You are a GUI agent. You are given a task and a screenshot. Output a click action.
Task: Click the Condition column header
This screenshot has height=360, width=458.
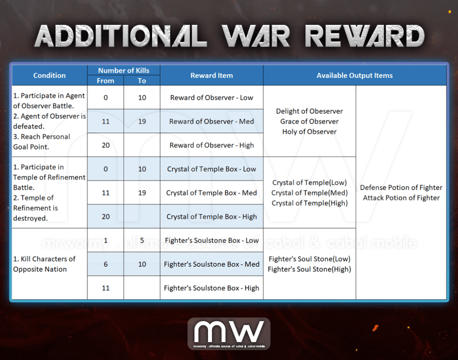tap(49, 75)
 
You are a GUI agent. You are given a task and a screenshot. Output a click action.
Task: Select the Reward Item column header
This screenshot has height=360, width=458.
tap(212, 75)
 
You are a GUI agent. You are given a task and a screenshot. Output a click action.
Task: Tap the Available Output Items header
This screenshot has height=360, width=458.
tap(355, 75)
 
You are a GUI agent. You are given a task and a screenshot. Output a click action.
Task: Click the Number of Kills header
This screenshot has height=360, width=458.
tap(123, 70)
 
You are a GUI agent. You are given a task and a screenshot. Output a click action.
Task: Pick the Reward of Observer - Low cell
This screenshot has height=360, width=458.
tap(212, 97)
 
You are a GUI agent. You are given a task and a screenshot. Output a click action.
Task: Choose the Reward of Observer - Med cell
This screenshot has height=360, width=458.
tap(212, 122)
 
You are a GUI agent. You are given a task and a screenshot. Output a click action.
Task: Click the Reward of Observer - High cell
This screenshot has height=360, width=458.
tap(212, 145)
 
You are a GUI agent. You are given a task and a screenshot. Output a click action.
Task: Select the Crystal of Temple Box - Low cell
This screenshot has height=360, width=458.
tap(212, 169)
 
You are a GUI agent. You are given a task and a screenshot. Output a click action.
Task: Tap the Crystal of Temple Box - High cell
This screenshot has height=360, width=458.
tap(212, 216)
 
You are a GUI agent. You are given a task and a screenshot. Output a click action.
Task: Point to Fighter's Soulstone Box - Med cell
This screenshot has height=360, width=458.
tap(212, 264)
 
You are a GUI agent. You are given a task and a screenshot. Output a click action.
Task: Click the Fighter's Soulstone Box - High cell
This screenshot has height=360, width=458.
tap(212, 288)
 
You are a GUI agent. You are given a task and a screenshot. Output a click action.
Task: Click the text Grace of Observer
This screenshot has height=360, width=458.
tap(310, 122)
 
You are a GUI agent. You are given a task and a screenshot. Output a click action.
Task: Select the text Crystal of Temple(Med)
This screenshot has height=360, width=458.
tap(310, 193)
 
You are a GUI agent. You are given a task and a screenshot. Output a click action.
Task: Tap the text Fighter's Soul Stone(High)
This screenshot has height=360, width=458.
tap(310, 269)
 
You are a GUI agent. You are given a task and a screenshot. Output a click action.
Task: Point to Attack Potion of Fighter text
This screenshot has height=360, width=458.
tap(401, 198)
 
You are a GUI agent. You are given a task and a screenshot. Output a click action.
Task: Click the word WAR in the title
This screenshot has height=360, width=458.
tap(256, 36)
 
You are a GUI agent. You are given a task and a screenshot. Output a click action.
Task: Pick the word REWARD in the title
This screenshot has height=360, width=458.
tap(365, 36)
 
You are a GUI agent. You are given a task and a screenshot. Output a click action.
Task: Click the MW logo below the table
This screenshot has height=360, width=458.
tap(229, 334)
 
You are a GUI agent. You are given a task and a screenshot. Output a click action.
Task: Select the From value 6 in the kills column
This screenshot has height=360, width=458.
tap(106, 264)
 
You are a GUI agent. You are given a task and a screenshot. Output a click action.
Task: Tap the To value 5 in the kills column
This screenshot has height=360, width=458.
tap(142, 240)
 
